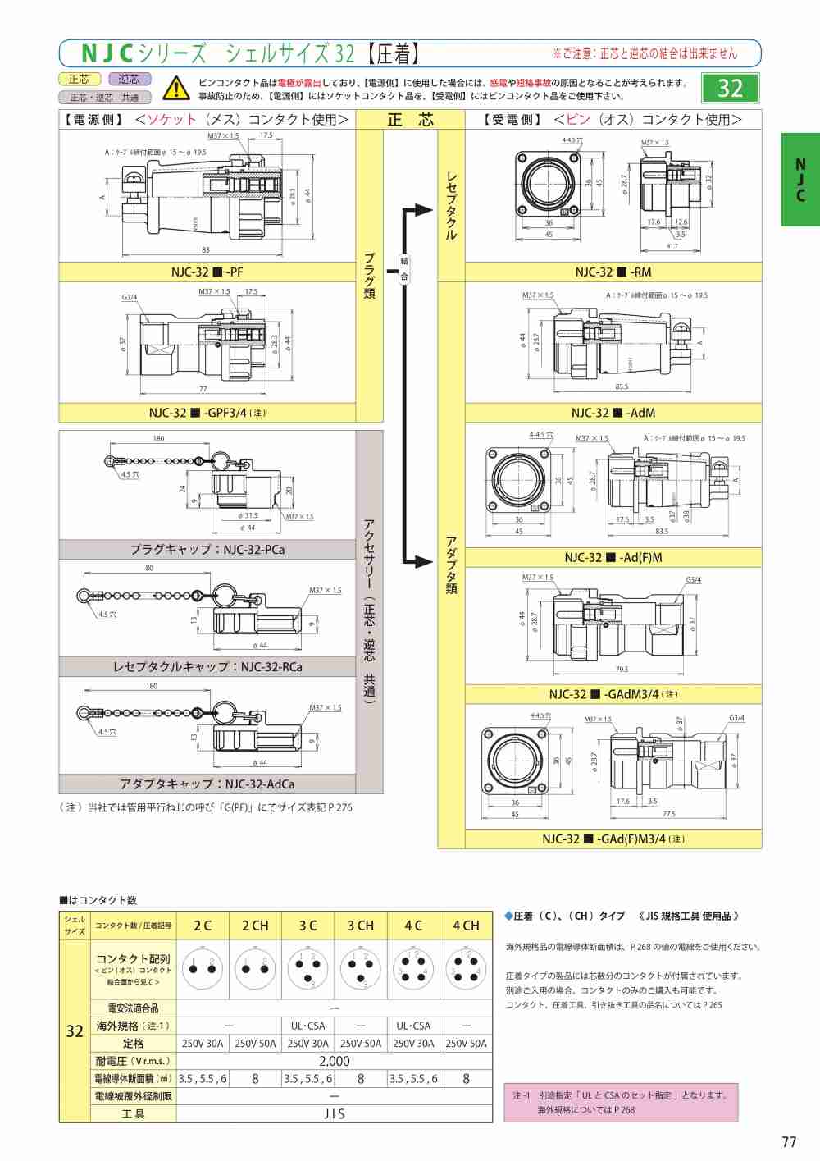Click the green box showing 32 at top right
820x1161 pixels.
(730, 88)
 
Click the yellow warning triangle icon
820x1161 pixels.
(175, 87)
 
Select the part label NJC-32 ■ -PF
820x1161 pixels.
(207, 272)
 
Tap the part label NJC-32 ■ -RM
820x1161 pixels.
(613, 272)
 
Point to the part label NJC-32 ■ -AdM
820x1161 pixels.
(613, 413)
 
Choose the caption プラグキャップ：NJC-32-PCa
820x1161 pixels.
(207, 550)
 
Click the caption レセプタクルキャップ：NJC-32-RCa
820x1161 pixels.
(207, 667)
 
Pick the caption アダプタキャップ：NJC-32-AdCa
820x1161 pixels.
(207, 784)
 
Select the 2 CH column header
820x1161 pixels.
(255, 926)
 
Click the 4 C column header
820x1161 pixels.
(413, 926)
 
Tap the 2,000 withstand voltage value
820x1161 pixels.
(334, 1061)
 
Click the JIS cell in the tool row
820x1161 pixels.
(334, 1113)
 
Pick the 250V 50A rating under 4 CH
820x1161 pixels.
(466, 1044)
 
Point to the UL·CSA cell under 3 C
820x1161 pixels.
(307, 1026)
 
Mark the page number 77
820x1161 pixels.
(789, 1141)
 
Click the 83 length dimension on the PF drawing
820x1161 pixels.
(205, 250)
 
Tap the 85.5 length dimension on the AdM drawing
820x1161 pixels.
(622, 387)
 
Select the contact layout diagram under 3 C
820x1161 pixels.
(307, 968)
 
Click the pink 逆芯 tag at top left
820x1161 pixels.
(129, 79)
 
